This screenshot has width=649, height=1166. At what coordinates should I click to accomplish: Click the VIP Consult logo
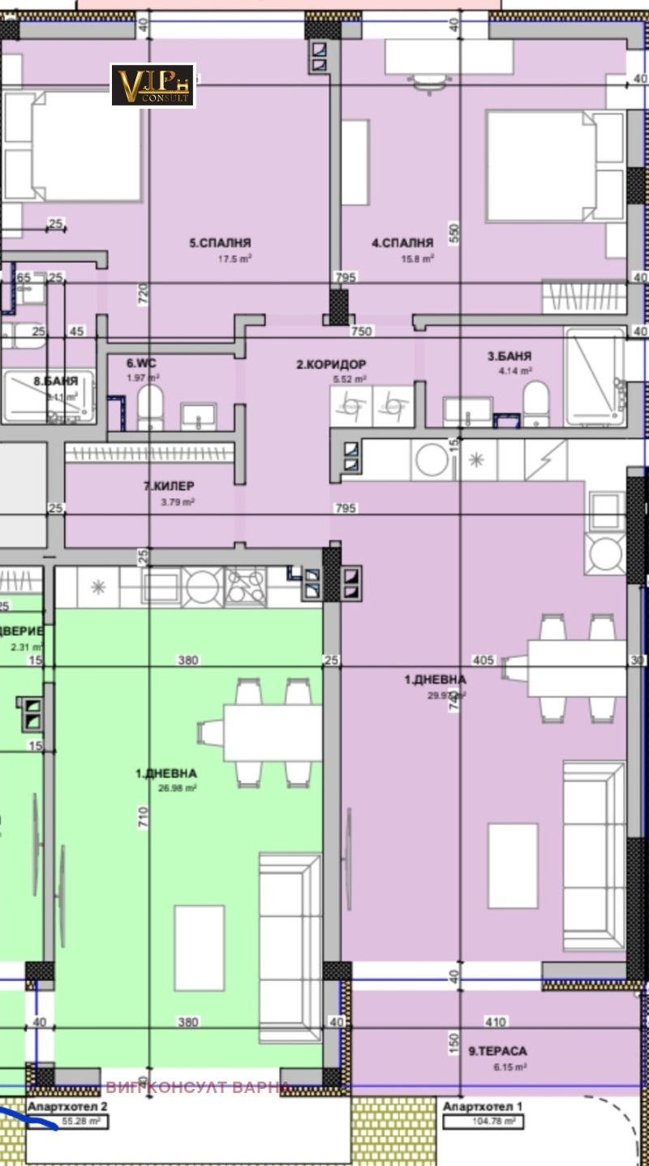[x=153, y=85]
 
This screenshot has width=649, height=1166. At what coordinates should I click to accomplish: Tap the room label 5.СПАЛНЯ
[x=220, y=243]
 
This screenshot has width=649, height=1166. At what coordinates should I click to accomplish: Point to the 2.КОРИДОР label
[x=331, y=365]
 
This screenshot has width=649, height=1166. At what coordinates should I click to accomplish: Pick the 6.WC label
[x=140, y=364]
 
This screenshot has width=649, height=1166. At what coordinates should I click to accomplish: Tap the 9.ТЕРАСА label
[x=497, y=1051]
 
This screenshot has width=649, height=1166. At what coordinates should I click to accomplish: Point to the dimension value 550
[x=454, y=234]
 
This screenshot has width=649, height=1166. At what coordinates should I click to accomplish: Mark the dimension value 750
[x=361, y=331]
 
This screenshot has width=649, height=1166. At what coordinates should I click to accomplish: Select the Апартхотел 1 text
[x=482, y=1106]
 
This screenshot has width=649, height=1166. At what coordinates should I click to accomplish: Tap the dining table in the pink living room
[x=576, y=668]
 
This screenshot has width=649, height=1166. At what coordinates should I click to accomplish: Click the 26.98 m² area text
[x=177, y=787]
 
